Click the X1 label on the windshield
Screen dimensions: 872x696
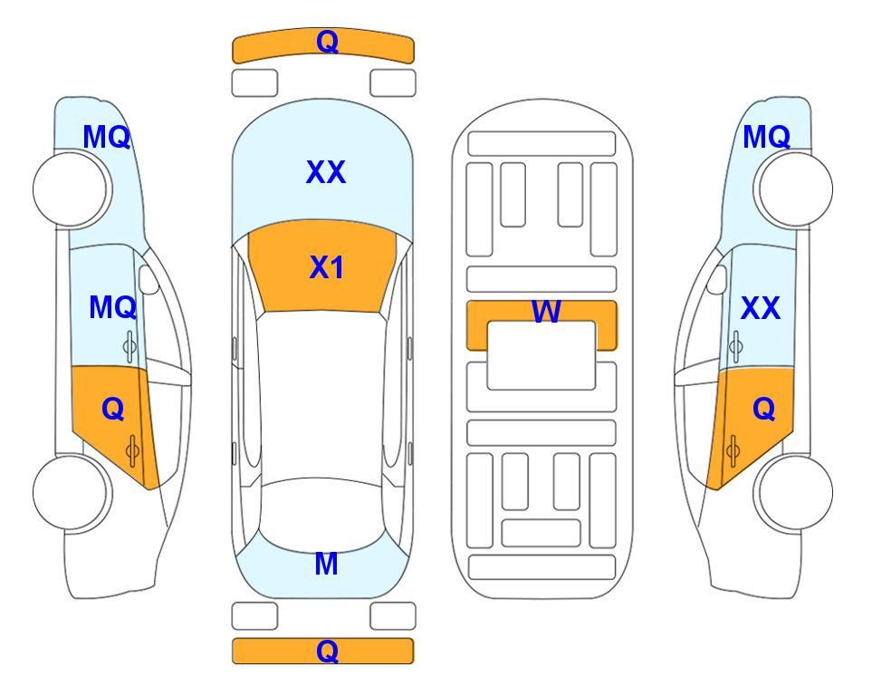[x=327, y=268]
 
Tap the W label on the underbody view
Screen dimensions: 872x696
[x=546, y=311]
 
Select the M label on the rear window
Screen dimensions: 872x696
[x=326, y=564]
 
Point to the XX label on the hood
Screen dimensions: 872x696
[x=326, y=172]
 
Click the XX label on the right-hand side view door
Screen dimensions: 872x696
[x=761, y=308]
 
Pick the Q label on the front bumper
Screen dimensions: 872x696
[x=327, y=42]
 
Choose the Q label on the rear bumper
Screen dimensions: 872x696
[x=327, y=651]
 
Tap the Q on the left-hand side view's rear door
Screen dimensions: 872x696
[x=113, y=410]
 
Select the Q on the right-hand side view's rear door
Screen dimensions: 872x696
[x=764, y=410]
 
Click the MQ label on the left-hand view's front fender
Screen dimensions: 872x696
[x=107, y=137]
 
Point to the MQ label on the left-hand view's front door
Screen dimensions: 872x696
[x=113, y=307]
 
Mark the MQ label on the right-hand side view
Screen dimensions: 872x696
[x=767, y=137]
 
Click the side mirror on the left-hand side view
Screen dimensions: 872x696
[x=149, y=279]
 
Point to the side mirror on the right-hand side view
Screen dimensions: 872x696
[x=717, y=279]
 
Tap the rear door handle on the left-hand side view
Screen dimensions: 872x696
[x=132, y=450]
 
